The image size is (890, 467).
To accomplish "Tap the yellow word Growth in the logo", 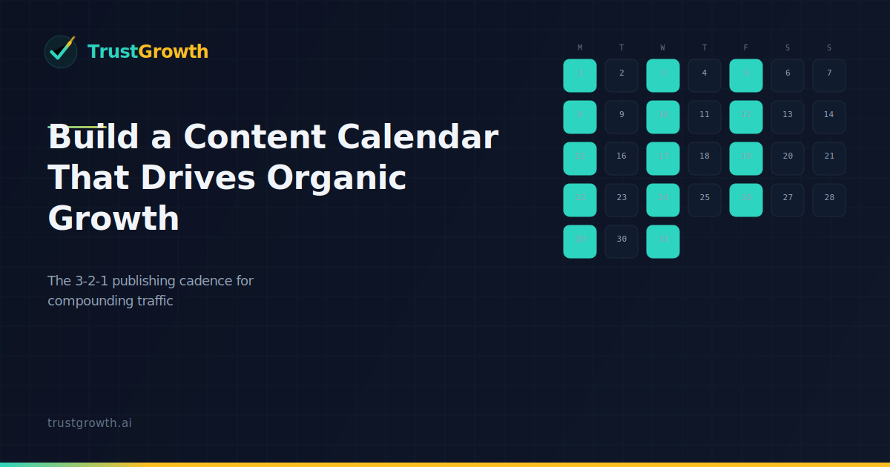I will pos(174,52).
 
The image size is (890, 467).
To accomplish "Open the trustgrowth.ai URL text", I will pos(90,423).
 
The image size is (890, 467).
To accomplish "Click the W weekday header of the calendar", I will pos(663,48).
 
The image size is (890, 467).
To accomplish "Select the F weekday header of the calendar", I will pos(746,48).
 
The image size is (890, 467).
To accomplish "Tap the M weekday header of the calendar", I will pos(580,48).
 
